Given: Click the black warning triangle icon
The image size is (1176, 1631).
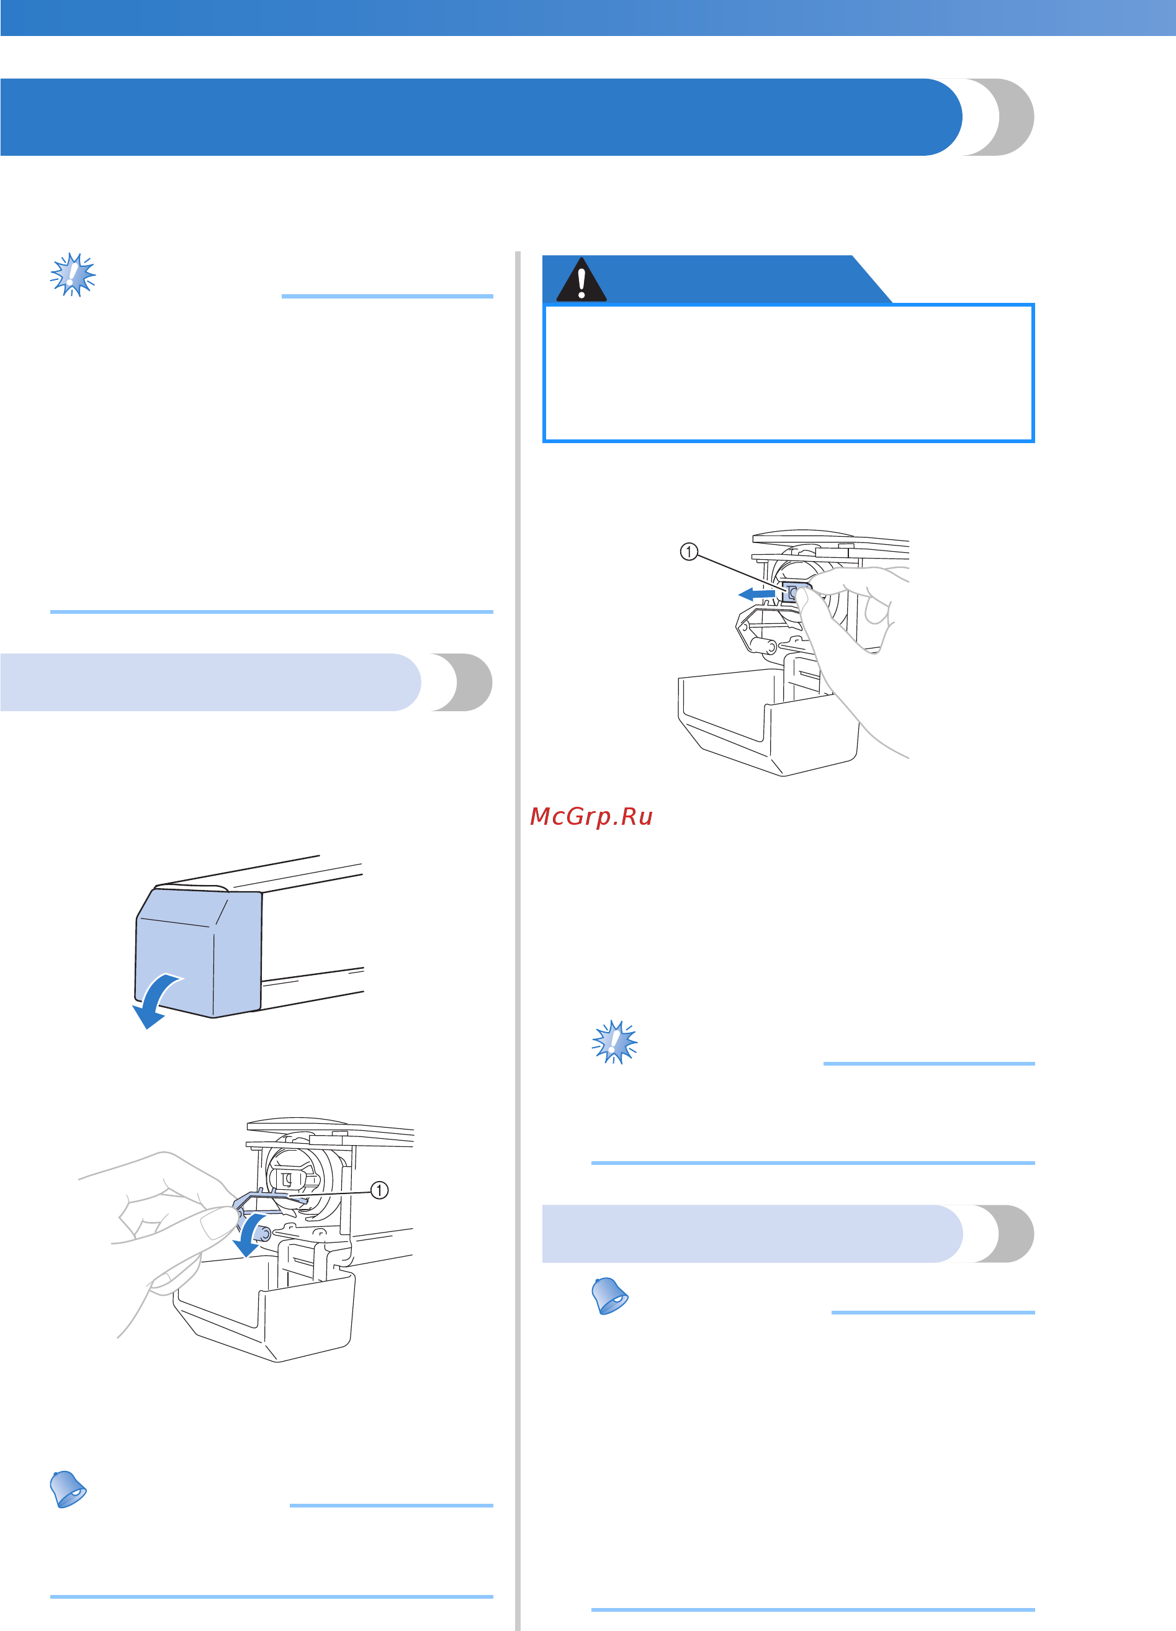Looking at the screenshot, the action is (x=581, y=280).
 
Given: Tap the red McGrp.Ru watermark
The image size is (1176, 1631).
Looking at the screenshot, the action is (x=591, y=816).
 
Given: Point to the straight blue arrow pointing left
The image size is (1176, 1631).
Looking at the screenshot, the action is (x=756, y=594).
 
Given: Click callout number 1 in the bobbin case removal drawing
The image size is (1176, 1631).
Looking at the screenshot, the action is (x=688, y=552).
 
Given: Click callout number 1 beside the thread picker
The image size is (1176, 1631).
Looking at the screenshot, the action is (x=379, y=1190).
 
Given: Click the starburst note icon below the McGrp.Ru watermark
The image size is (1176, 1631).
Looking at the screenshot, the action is (x=614, y=1041).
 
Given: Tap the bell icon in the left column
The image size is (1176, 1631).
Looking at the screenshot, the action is (x=68, y=1489).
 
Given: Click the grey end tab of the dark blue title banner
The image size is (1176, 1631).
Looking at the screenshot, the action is (x=1007, y=117).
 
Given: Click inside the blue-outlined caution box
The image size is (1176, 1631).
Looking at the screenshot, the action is (x=788, y=372).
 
